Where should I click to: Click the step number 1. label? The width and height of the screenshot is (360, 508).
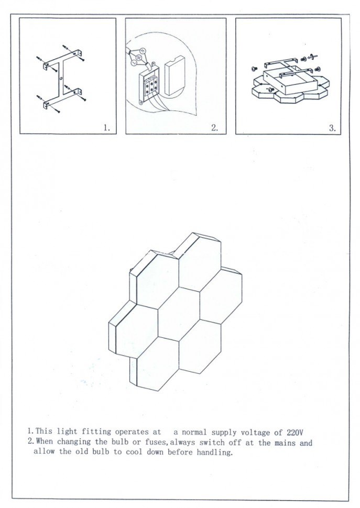[107, 128]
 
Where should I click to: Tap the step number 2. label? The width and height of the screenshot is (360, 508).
[215, 128]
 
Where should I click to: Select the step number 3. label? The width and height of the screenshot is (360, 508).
[332, 128]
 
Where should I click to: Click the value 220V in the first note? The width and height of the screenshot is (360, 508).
[295, 432]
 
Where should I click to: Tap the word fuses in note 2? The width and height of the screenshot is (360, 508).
[157, 442]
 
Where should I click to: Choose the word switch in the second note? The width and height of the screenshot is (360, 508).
[211, 442]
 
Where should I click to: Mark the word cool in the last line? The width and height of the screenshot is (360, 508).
[134, 451]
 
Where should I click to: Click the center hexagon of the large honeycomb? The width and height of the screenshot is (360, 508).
[179, 314]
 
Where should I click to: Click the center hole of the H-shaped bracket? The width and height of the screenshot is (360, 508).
[61, 78]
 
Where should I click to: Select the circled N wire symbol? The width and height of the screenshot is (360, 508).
[141, 51]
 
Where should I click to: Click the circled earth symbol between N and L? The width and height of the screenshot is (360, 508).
[138, 57]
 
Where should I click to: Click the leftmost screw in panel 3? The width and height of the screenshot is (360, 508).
[254, 69]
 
